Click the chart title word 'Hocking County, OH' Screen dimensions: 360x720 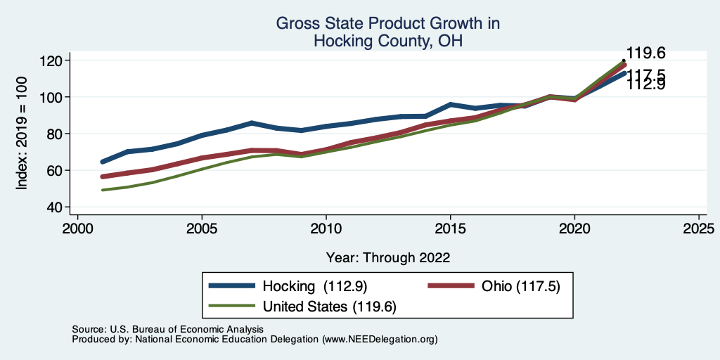[387, 41]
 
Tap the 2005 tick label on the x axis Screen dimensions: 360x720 [202, 229]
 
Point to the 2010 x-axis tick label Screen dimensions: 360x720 [326, 229]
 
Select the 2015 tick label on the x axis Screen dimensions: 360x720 [450, 229]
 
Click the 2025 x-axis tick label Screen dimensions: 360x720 [698, 229]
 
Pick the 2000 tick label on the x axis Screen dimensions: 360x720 [77, 229]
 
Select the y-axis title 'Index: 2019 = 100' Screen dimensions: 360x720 [23, 134]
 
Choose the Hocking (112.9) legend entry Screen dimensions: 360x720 [315, 286]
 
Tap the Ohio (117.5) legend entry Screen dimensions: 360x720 [520, 286]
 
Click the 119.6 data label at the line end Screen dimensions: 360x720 [645, 53]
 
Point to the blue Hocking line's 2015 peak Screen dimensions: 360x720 [450, 105]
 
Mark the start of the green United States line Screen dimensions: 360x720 [103, 190]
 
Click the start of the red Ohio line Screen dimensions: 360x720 [103, 176]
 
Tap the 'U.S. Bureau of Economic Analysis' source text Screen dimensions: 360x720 [184, 329]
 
